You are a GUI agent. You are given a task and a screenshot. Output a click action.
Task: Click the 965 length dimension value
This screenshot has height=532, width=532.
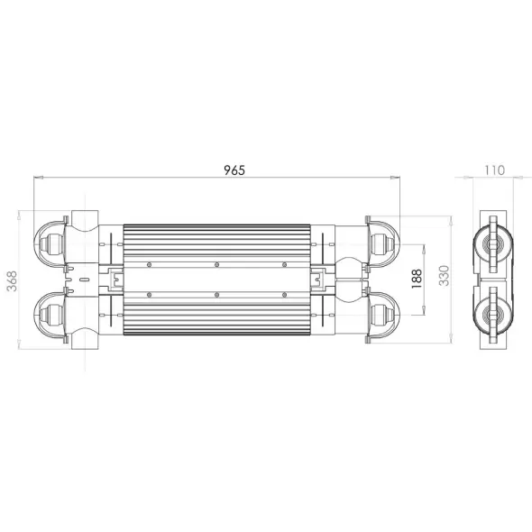tap(234, 170)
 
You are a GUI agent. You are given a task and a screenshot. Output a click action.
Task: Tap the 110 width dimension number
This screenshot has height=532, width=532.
tap(494, 170)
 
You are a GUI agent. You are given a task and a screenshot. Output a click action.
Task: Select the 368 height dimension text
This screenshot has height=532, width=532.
tap(13, 280)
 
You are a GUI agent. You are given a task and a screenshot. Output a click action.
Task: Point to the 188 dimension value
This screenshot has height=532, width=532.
tap(417, 279)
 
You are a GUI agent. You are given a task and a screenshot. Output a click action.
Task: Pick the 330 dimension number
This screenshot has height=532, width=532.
tap(444, 276)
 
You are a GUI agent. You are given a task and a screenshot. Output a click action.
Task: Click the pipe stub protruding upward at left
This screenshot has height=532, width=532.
tap(85, 218)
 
